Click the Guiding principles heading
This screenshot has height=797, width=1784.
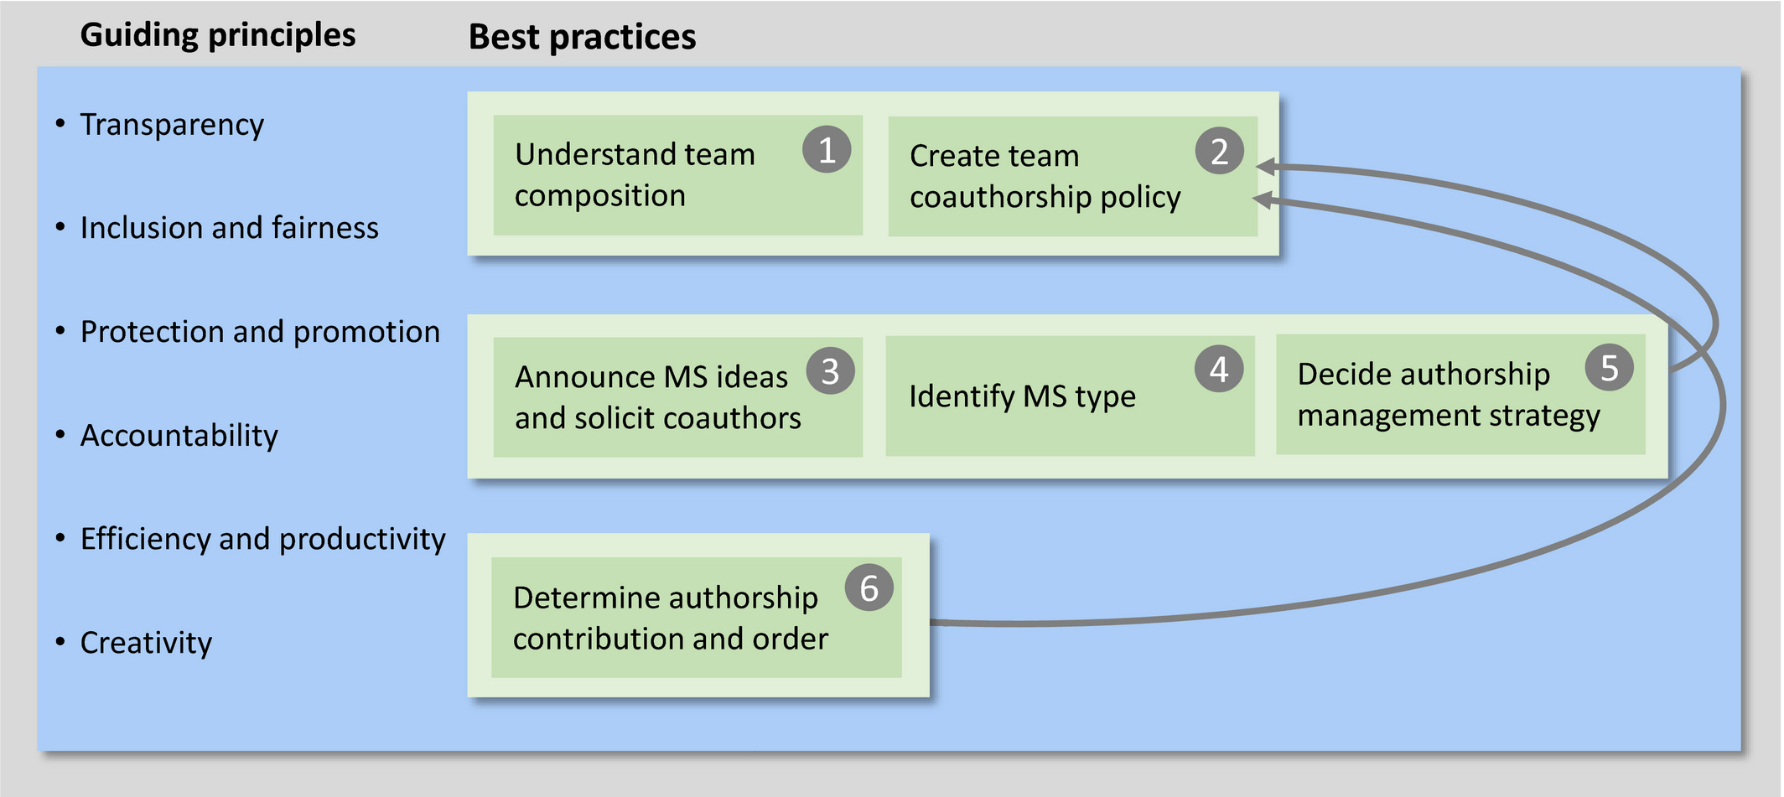217,35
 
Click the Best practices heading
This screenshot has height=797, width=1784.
582,38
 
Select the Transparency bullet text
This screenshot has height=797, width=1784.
171,125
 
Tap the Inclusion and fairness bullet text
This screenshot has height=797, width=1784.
229,228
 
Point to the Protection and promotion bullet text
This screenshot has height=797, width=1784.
260,332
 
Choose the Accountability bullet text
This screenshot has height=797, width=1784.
179,436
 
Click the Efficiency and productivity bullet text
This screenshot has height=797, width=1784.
262,539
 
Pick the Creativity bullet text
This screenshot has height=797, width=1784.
146,643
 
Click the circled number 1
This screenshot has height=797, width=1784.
827,150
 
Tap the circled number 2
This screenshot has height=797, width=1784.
1219,152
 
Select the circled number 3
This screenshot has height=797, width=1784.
830,371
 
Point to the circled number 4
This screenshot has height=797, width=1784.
1219,369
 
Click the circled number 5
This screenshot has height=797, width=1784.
1609,368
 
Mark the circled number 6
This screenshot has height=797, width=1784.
869,588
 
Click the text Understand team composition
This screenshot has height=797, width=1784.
635,174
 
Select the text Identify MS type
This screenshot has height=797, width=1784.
1022,396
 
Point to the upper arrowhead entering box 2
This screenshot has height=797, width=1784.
1265,167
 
